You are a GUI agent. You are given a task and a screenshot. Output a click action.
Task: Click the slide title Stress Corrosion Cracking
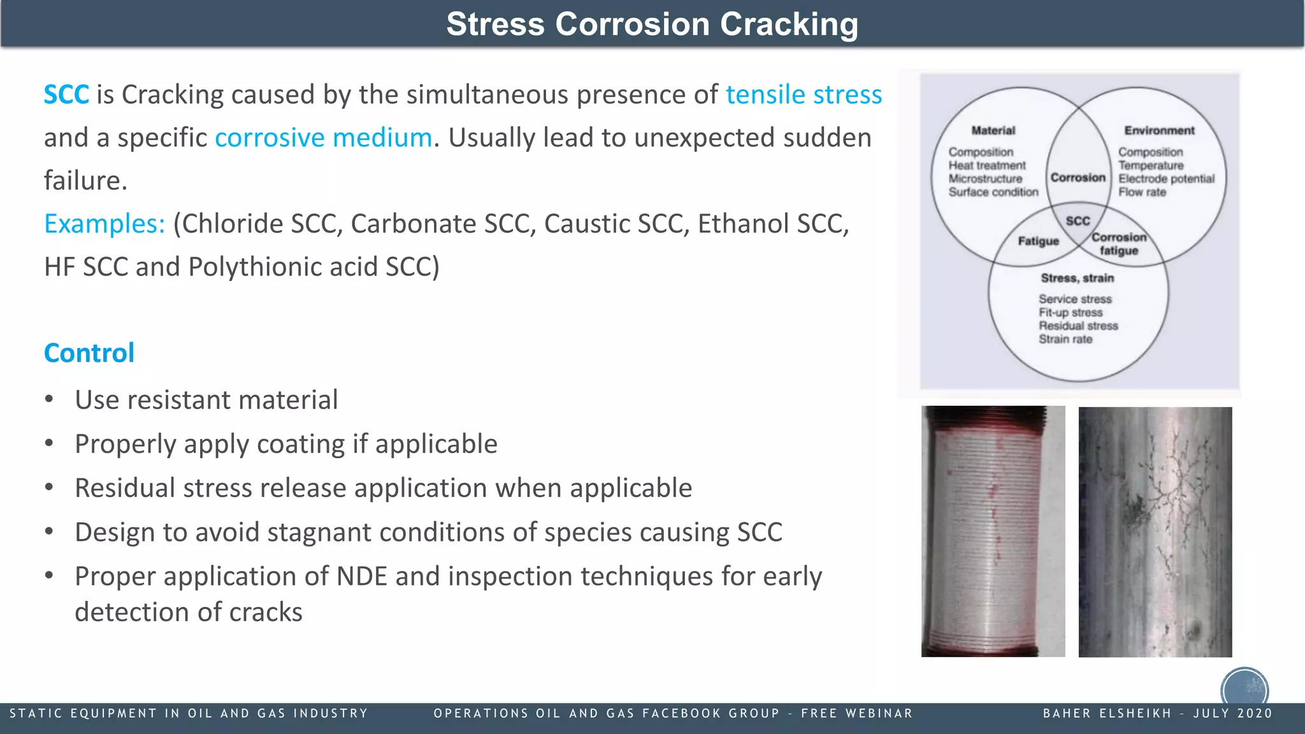(652, 24)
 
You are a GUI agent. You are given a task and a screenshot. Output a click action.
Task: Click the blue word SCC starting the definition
(66, 95)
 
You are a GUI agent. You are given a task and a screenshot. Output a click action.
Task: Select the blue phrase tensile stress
(804, 95)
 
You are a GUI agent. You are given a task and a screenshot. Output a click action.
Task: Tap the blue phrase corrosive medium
(324, 138)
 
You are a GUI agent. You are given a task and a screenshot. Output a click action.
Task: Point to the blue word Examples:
(105, 224)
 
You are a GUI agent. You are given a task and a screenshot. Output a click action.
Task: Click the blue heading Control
(89, 353)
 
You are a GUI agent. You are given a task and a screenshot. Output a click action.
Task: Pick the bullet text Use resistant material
(206, 400)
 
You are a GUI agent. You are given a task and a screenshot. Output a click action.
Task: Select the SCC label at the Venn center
(1078, 221)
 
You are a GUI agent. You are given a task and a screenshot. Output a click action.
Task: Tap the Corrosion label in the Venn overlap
(1078, 178)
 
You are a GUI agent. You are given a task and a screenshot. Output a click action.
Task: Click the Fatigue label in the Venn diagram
(1038, 241)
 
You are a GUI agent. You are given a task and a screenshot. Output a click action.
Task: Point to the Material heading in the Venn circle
(993, 131)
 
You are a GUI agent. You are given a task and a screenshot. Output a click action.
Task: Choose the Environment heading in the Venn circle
(1159, 131)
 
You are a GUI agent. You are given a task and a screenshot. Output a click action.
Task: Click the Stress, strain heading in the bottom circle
(1077, 278)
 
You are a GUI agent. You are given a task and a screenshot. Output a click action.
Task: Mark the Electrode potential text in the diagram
(1166, 179)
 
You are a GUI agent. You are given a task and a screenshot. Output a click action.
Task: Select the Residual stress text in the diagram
(1078, 326)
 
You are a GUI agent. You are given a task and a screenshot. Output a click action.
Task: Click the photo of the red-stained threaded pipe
(993, 531)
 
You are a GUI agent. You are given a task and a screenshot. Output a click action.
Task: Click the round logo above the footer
(1244, 688)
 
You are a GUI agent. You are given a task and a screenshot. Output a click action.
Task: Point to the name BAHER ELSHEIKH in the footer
(1107, 714)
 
